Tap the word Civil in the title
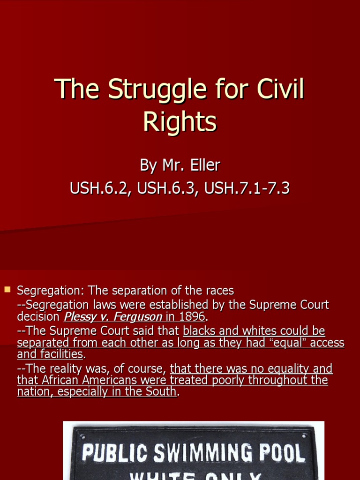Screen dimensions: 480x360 point(280,90)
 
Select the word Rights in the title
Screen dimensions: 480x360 point(180,122)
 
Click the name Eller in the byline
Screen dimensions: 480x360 point(203,165)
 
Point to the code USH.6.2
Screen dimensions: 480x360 point(96,188)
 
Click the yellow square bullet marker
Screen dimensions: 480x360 point(7,290)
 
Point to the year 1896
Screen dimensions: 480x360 point(192,317)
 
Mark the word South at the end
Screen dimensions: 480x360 point(161,391)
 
